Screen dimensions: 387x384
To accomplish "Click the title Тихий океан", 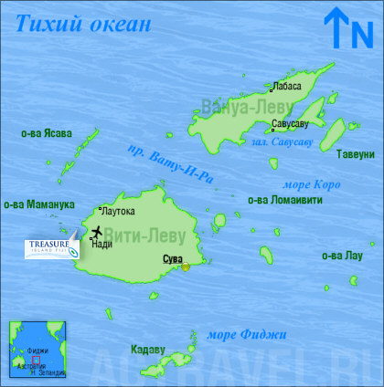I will tap(82, 22).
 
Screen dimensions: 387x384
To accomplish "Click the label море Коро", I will tap(314, 183).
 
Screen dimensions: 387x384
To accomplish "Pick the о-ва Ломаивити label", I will tap(284, 200).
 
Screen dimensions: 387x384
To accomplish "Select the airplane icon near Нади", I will tap(96, 231).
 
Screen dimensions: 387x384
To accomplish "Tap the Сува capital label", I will tap(172, 259).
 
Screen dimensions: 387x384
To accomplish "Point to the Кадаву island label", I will tap(148, 349).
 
